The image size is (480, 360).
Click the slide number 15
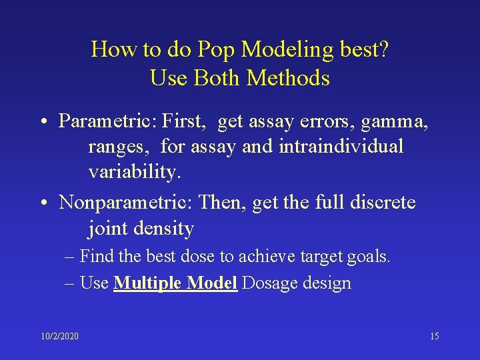point(434,336)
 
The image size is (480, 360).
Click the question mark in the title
point(384,49)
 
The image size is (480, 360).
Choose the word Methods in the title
point(288,78)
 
